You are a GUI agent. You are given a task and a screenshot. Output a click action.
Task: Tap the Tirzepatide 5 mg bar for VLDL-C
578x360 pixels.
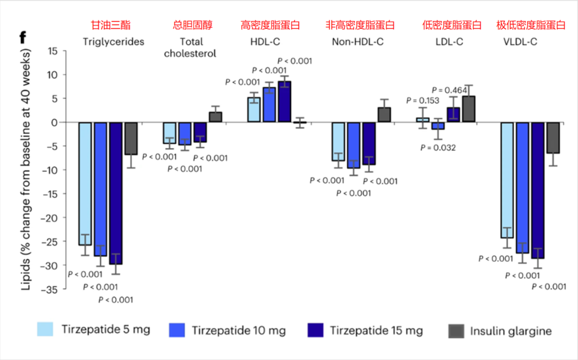coord(507,180)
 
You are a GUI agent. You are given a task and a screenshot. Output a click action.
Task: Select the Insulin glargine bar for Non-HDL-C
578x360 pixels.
coord(384,114)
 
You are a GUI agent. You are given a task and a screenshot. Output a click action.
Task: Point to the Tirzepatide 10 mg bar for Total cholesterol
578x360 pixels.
coord(185,134)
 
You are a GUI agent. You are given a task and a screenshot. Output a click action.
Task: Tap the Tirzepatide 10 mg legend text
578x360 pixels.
coord(238,330)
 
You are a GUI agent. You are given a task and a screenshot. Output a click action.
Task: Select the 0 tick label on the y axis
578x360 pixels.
coord(54,122)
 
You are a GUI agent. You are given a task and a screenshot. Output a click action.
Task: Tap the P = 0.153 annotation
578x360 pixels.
coord(422,100)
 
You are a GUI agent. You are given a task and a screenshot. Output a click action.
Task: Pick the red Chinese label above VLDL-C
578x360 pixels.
coord(530,25)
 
